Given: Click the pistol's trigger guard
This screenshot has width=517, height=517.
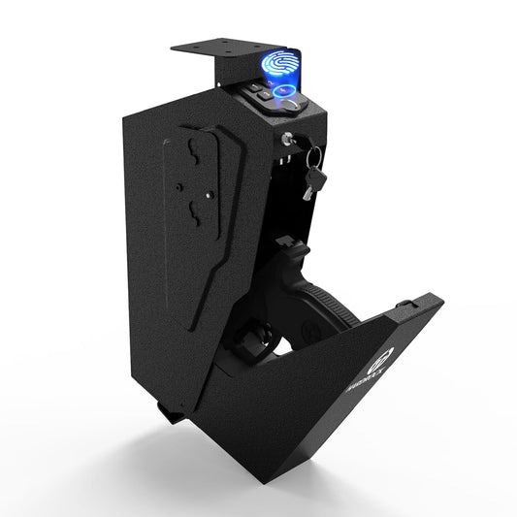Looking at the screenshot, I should [x=254, y=340].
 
